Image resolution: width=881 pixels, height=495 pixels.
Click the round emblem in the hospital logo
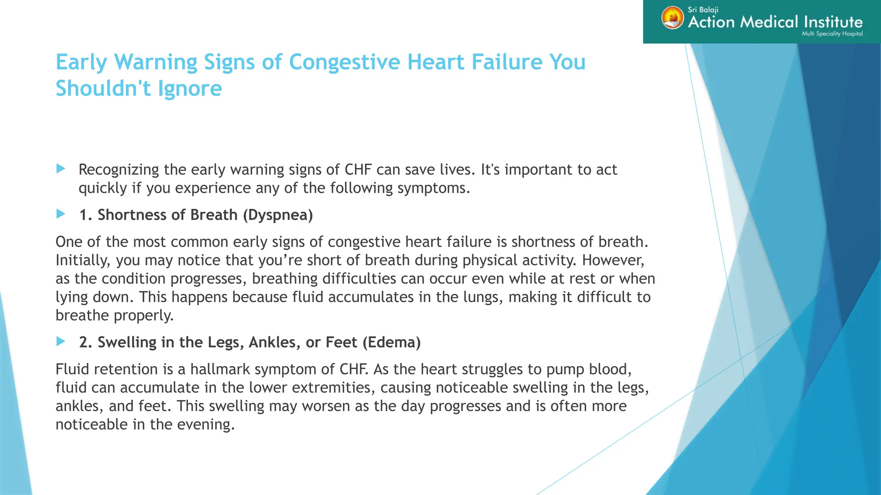click(x=672, y=18)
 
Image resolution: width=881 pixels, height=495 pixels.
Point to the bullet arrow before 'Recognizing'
click(x=61, y=169)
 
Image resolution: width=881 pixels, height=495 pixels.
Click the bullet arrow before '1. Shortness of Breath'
click(x=61, y=214)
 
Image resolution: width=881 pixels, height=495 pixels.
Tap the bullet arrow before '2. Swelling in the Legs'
click(x=61, y=342)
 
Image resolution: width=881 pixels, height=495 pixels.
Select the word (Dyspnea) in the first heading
click(x=278, y=215)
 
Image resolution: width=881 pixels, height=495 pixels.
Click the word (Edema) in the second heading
click(x=391, y=342)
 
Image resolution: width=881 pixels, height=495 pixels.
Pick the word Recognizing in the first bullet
click(x=119, y=170)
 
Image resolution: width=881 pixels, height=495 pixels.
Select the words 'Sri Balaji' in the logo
click(x=703, y=9)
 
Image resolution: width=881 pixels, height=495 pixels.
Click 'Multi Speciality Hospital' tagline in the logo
click(x=832, y=34)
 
